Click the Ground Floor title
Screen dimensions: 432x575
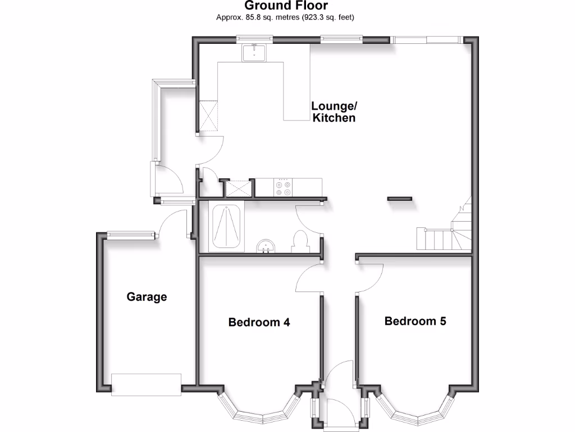coord(286,6)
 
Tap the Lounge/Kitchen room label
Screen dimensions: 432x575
coord(334,112)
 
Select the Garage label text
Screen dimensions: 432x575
coord(147,296)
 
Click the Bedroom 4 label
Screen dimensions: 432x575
coord(259,322)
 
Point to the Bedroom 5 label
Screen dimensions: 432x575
coord(416,321)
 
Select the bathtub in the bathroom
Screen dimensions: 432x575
coord(227,227)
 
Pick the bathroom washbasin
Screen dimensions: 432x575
coord(267,246)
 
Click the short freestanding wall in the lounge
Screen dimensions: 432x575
coord(399,199)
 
